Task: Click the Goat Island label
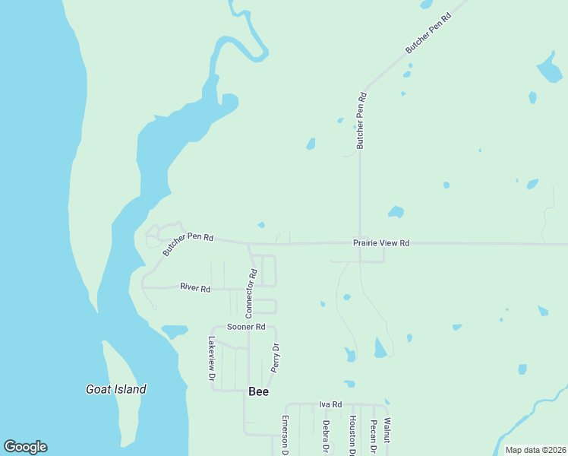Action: click(115, 389)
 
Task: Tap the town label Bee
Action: click(258, 392)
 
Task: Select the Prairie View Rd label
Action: click(381, 243)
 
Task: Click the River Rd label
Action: click(195, 287)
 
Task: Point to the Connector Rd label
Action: click(251, 293)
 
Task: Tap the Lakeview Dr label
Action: click(212, 359)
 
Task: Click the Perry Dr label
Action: click(275, 357)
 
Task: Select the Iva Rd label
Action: click(330, 404)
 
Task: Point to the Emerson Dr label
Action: click(286, 435)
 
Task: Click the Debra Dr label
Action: click(326, 437)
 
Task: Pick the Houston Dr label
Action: click(352, 435)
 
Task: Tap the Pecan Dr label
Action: click(374, 437)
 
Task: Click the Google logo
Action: click(25, 447)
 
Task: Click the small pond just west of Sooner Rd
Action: click(175, 331)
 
